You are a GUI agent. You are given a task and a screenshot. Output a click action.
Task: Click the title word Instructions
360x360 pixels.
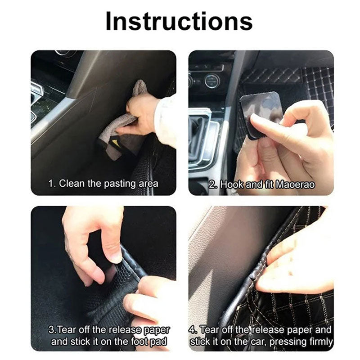179,22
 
